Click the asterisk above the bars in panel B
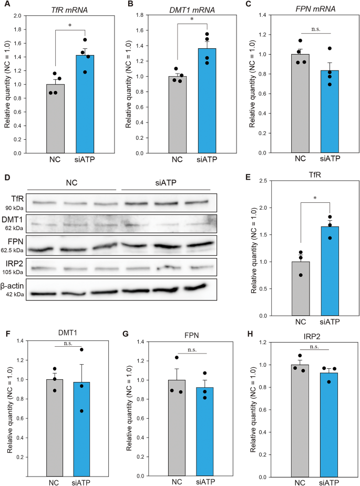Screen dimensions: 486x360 (192, 19)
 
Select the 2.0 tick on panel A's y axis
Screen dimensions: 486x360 (20, 16)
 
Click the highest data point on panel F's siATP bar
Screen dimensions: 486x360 (82, 350)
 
